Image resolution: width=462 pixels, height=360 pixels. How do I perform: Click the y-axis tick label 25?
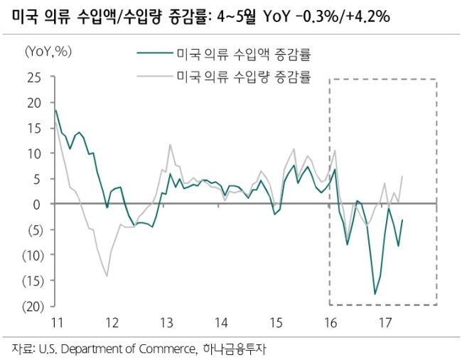coord(34,77)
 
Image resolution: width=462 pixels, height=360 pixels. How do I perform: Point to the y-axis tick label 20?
coord(34,103)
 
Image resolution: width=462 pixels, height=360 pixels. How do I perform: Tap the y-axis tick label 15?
coord(34,129)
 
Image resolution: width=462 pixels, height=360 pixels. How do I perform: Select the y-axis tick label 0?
coord(37,204)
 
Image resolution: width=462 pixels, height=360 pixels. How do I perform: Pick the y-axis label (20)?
coord(33,307)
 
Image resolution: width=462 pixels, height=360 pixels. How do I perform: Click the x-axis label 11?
coord(57,323)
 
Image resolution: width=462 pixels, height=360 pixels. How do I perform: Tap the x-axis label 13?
coord(166,323)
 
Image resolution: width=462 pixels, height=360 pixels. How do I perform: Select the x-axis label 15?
coord(276,323)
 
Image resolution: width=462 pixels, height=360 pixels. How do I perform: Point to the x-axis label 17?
coord(385,323)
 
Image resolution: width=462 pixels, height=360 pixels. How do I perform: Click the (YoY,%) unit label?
coord(48,52)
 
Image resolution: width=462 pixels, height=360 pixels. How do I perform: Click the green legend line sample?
coord(155,53)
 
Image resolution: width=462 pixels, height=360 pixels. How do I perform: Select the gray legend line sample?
coord(155,77)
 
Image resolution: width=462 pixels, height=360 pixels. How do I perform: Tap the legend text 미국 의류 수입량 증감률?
coord(244,77)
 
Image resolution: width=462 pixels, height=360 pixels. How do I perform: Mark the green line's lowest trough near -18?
coord(375,294)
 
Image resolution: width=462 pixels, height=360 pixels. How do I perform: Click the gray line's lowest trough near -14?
coord(107,276)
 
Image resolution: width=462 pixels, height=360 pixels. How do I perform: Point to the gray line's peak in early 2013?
coord(170,145)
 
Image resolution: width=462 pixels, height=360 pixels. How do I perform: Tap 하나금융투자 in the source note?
coord(235,349)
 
